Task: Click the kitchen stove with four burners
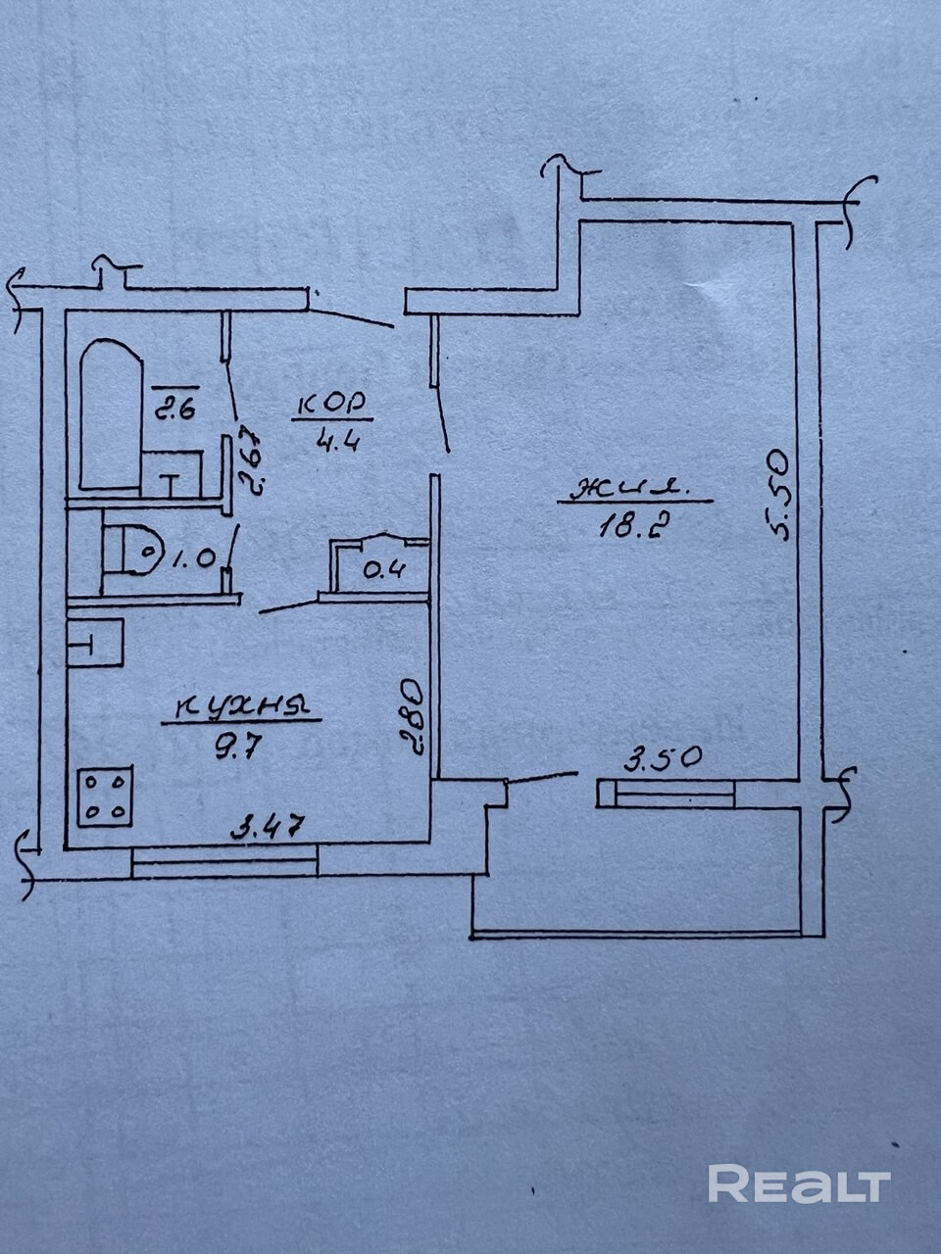pos(106,797)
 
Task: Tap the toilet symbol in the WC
pos(132,556)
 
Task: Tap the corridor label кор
pos(330,402)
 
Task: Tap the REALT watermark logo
pos(799,1183)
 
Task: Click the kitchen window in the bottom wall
pos(224,862)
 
